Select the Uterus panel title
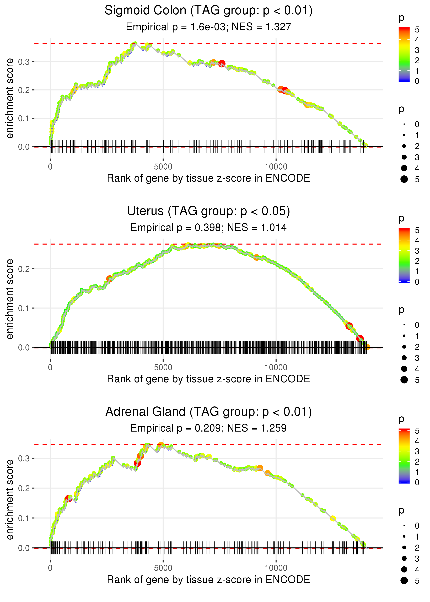(x=208, y=211)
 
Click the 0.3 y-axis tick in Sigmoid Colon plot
(x=24, y=62)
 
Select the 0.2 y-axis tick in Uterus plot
(x=24, y=269)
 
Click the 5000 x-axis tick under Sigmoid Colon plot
(x=163, y=167)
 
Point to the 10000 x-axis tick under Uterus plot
(x=276, y=367)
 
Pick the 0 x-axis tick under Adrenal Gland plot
(x=50, y=568)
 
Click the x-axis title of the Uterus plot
(x=208, y=379)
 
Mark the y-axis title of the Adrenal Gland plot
(x=10, y=499)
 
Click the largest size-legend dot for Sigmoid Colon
(x=404, y=179)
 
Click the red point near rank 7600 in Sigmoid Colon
(x=222, y=63)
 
